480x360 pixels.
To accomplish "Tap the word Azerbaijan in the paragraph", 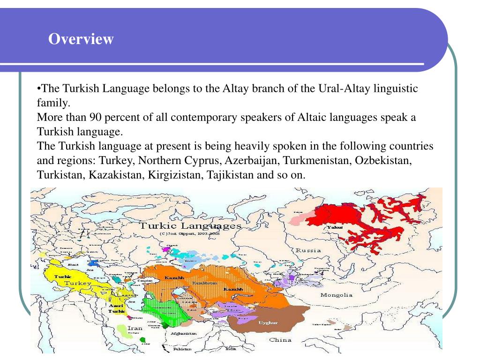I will pos(248,160).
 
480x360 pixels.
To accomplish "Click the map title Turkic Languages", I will pos(190,226).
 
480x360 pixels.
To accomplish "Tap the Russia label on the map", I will pos(308,250).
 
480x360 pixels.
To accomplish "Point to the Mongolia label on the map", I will pos(336,295).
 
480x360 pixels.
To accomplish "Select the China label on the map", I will pos(280,340).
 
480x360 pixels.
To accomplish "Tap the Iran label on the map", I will pos(135,328).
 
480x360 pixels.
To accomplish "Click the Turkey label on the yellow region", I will pos(77,284).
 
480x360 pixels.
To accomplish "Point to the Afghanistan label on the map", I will pos(184,333).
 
